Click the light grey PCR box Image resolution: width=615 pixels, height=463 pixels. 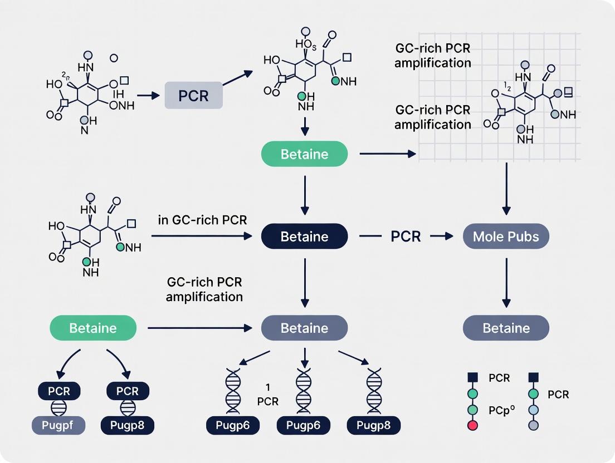[193, 95]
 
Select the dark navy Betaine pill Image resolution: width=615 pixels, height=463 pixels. [304, 237]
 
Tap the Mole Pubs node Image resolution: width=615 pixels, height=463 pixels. [506, 237]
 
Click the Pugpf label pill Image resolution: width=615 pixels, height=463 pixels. [59, 426]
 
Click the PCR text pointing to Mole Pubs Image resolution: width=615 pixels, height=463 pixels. [406, 236]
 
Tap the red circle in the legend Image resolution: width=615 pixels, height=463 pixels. [472, 426]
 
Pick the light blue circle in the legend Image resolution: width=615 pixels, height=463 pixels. [533, 410]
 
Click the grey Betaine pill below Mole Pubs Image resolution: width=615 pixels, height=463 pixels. [506, 328]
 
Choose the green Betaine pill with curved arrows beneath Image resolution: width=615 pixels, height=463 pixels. [93, 328]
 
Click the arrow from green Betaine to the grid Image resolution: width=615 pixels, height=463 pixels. [388, 154]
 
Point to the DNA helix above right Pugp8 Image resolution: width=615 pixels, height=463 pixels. [373, 390]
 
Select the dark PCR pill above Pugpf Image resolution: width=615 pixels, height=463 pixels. [59, 391]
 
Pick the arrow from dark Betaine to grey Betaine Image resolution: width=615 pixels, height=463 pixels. [304, 282]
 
